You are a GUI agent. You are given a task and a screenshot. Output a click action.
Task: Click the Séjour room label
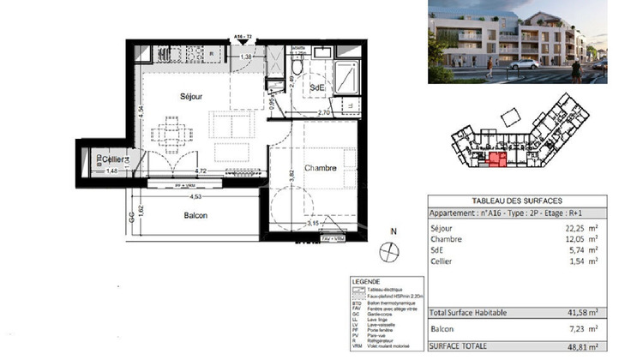point(190,97)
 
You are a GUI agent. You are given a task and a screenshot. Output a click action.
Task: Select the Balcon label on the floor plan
point(195,215)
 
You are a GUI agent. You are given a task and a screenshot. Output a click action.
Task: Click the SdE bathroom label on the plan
point(316,87)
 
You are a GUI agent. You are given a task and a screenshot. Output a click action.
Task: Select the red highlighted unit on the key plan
point(496,159)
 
